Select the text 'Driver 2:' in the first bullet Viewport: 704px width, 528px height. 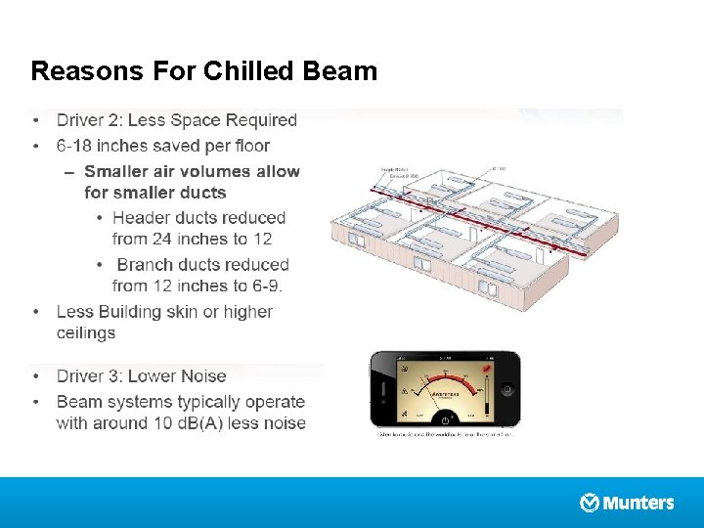point(89,120)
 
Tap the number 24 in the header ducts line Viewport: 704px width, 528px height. point(158,239)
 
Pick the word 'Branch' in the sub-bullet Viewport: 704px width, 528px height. point(147,265)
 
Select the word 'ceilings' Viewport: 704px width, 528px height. point(86,332)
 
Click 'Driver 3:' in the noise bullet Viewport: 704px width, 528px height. point(89,376)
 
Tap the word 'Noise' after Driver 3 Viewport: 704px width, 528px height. point(202,376)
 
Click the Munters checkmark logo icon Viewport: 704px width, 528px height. point(590,503)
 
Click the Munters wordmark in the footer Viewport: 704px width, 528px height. point(638,503)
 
